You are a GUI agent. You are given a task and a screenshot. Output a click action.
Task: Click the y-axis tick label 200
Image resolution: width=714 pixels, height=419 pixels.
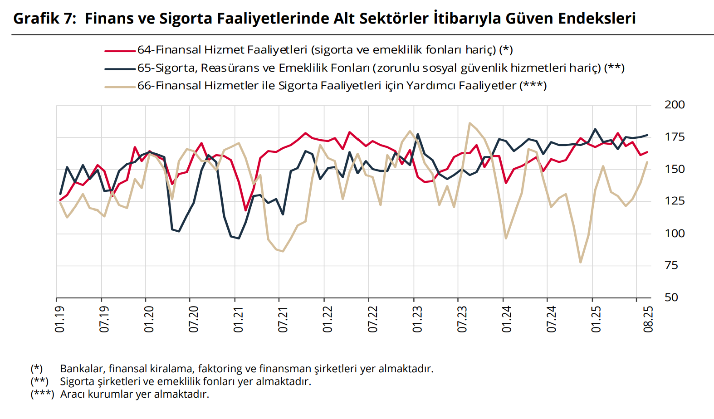click(x=674, y=105)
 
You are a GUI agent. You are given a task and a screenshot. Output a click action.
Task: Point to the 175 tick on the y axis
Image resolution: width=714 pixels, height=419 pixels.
click(x=674, y=137)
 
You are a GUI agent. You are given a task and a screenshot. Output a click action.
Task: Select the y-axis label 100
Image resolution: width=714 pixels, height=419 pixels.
click(x=674, y=234)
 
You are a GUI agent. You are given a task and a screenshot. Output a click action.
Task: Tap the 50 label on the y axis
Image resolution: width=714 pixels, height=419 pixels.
click(x=671, y=297)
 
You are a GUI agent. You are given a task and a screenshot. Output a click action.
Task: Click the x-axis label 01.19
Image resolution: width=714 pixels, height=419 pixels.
click(x=59, y=319)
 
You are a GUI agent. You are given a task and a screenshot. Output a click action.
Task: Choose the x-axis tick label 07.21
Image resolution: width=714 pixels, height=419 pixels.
click(x=283, y=319)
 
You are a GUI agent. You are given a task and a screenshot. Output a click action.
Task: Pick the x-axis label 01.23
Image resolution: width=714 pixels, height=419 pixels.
click(x=417, y=319)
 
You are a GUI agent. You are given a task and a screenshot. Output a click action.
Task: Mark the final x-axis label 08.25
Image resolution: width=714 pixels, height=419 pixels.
click(x=648, y=319)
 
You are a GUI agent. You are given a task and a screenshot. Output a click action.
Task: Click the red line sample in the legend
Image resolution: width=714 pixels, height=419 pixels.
click(x=120, y=51)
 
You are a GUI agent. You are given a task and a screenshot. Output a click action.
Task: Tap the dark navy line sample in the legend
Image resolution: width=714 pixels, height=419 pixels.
click(x=120, y=69)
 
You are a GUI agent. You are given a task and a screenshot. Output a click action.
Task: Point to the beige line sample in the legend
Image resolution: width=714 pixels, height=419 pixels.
click(x=120, y=87)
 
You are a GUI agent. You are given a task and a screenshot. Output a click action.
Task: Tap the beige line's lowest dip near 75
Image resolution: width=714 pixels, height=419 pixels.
click(x=580, y=262)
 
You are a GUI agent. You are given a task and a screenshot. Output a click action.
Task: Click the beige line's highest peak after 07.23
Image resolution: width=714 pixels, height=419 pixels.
click(x=469, y=123)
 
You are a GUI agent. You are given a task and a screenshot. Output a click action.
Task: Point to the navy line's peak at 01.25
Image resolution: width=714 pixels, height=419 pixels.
click(x=595, y=129)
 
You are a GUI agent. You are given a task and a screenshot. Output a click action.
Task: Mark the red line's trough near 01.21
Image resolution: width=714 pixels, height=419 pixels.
click(x=245, y=210)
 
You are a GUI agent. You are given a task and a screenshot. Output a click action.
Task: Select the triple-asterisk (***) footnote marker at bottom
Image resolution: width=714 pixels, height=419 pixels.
click(x=42, y=394)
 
